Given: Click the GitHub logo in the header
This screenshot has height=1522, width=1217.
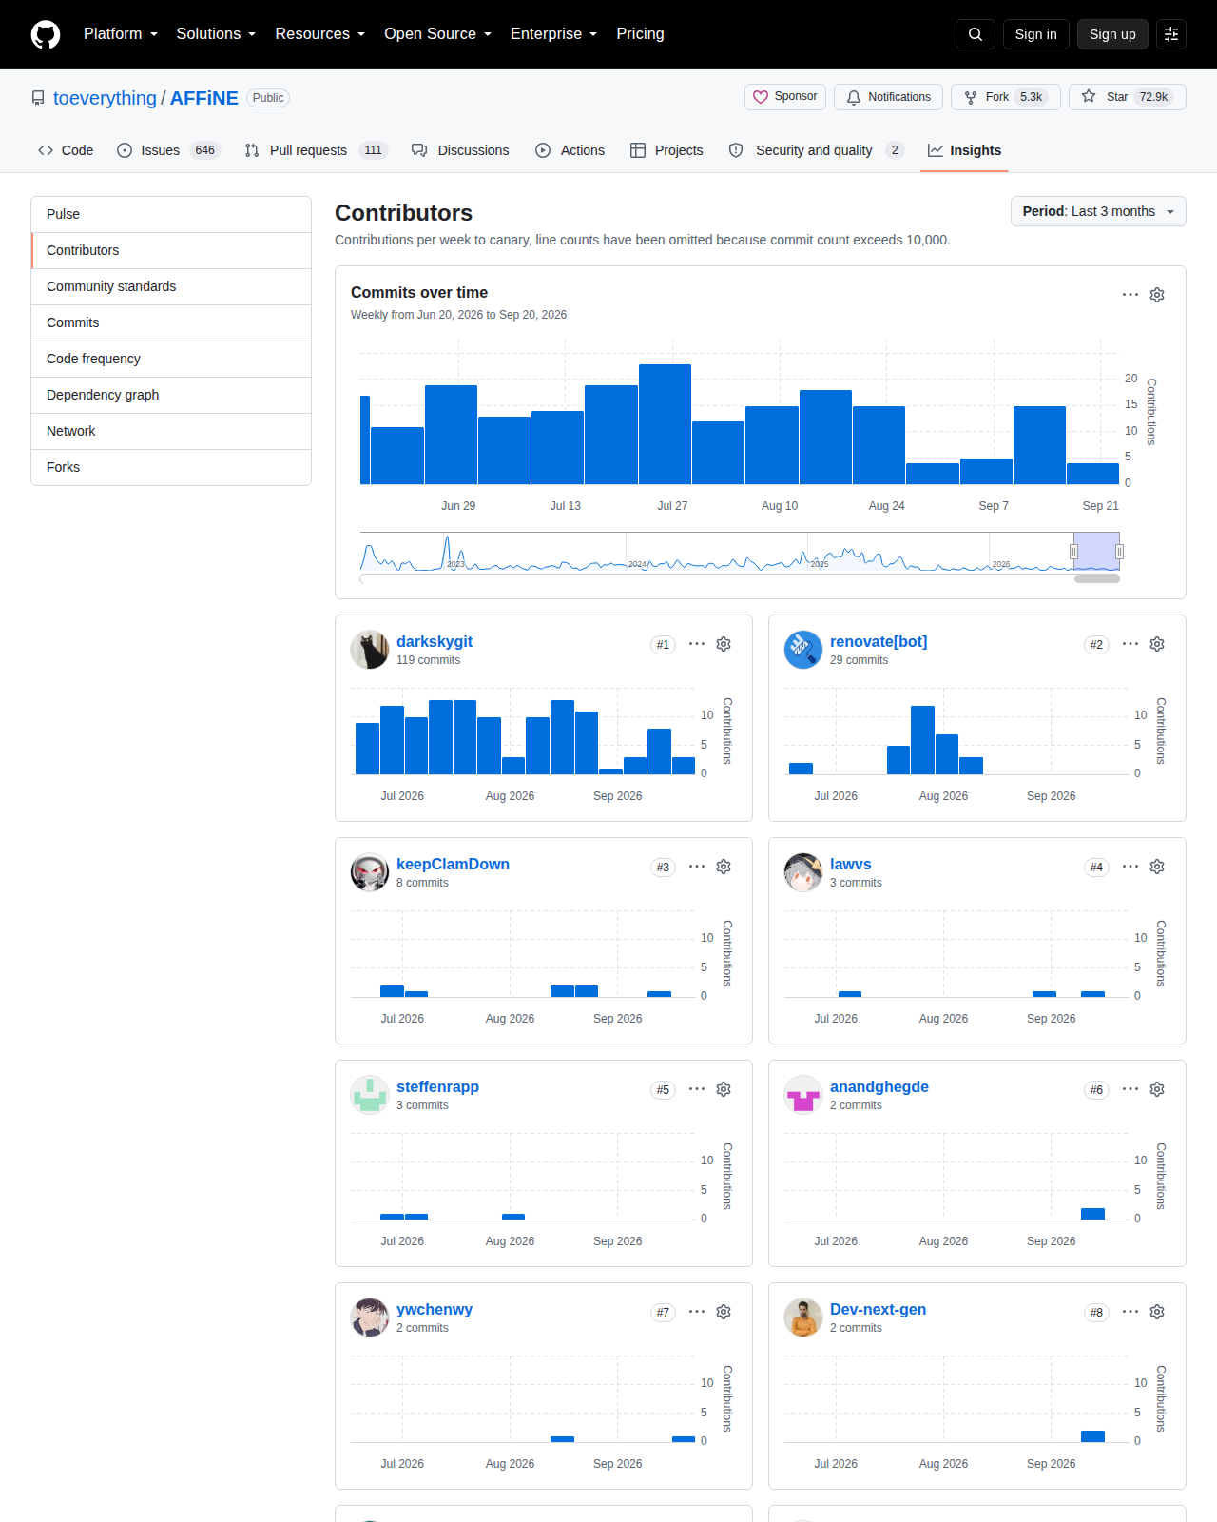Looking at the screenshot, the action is (46, 34).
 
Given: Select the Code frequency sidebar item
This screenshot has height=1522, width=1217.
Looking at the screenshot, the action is (93, 359).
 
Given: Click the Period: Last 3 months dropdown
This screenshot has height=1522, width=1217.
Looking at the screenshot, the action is (1097, 211).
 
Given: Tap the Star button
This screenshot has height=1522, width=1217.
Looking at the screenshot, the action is (1127, 97).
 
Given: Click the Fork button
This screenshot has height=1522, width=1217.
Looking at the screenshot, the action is (1005, 97).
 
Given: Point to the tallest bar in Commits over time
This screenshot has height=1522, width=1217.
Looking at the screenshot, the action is (665, 424).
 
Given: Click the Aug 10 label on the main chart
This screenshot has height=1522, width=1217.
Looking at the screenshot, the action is (780, 506).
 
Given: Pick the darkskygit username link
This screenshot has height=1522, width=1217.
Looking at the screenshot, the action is (435, 641).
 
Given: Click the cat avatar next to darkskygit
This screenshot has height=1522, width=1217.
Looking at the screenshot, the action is (369, 650).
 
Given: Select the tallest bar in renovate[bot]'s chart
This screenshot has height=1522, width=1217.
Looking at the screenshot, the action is (923, 740).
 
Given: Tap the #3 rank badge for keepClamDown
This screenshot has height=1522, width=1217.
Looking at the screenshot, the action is (663, 868).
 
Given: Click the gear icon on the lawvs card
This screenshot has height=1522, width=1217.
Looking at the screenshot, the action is (1157, 867).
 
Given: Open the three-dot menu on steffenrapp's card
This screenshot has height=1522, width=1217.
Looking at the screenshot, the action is (697, 1089).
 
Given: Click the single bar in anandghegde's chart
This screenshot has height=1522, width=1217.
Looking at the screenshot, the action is (1092, 1214).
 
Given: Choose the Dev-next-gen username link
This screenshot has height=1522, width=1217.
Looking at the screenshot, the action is (878, 1309).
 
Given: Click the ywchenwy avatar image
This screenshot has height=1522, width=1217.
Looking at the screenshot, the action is (369, 1317).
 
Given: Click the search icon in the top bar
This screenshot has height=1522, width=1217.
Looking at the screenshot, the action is (976, 34).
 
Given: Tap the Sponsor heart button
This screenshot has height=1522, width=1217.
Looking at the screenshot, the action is (785, 97).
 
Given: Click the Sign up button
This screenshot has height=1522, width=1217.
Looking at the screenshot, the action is (1111, 34).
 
